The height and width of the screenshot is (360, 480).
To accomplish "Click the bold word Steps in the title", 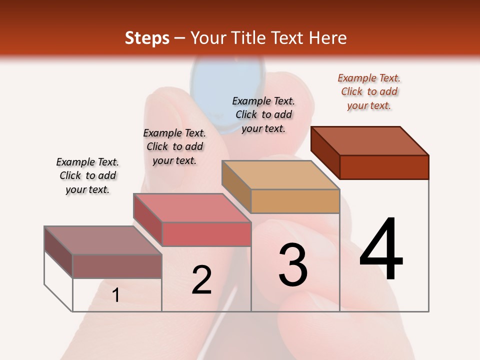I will coord(147,38).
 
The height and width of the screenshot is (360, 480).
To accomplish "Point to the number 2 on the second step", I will coord(202,280).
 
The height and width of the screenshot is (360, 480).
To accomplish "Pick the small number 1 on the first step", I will coord(115,295).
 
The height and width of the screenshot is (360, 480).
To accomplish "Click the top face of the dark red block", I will coord(370,140).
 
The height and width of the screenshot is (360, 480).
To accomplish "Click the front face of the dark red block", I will coord(384,167).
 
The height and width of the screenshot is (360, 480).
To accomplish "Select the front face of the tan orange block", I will coord(295,201).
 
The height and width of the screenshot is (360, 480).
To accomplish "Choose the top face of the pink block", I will coord(192,207).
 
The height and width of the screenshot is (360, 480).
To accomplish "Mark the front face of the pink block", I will coord(206,234).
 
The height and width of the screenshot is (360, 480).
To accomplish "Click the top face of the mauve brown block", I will coord(103,240).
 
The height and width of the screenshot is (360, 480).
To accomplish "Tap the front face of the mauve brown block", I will coord(117,266).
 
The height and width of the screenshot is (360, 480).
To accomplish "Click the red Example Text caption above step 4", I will coord(369,91).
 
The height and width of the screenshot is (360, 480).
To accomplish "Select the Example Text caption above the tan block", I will coord(263,114).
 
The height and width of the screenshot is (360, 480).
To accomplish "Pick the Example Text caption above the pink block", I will coord(174,146).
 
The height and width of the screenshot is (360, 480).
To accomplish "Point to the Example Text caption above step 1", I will coord(87,175).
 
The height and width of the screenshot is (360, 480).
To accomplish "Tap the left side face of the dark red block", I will coord(325,152).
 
